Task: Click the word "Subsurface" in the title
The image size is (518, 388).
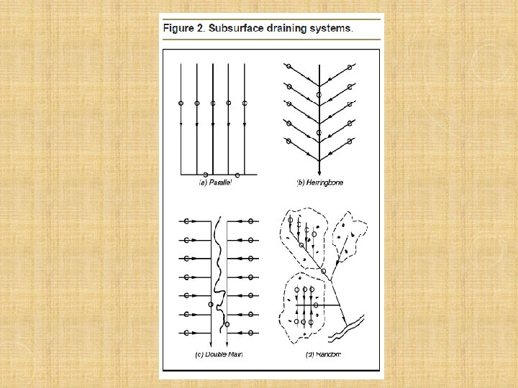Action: [236, 28]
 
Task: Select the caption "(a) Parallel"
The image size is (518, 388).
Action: [214, 183]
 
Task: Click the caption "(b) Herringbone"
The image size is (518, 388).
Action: [319, 183]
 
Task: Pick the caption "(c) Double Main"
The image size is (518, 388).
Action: [219, 354]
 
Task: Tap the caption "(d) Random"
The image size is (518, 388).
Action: [323, 354]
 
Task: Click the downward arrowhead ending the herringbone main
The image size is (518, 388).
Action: [319, 172]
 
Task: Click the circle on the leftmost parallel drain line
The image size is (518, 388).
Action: [181, 103]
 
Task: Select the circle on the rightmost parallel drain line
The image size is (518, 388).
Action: [245, 103]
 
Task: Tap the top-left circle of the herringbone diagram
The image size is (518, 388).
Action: [288, 66]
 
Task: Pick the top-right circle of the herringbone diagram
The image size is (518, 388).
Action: [350, 68]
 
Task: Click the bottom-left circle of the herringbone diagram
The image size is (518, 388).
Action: [288, 142]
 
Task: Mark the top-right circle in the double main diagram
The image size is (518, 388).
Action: [251, 221]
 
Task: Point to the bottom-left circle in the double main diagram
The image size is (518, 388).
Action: [186, 333]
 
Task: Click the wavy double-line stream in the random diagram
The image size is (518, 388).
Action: [346, 328]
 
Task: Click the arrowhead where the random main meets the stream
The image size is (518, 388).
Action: [344, 320]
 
